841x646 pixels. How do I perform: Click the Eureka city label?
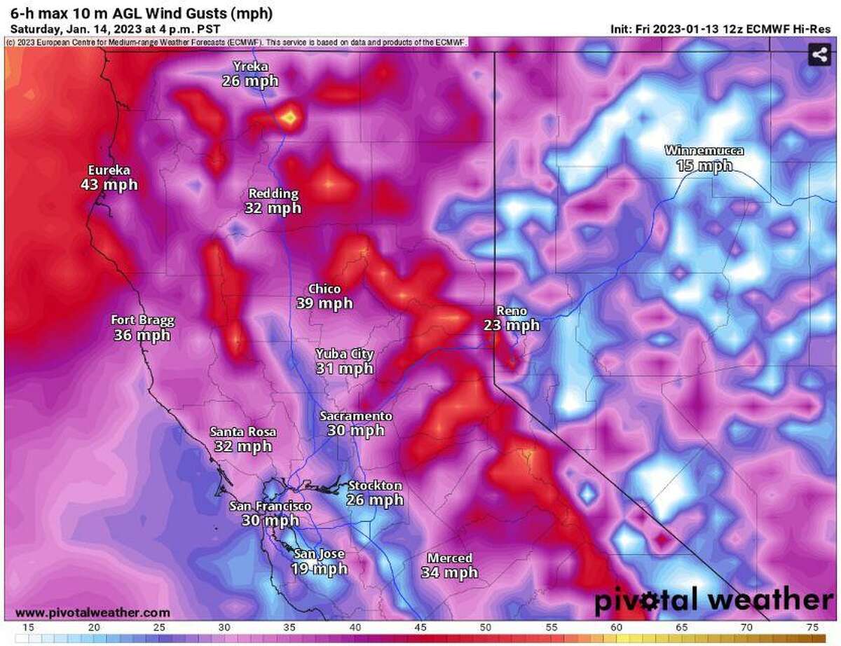click(109, 170)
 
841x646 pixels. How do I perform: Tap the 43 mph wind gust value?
click(109, 185)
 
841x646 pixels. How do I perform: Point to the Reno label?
click(511, 310)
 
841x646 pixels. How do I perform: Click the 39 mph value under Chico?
click(324, 303)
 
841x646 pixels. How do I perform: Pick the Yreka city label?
click(250, 67)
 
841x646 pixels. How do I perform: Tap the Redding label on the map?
click(273, 193)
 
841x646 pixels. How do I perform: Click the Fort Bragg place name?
click(142, 320)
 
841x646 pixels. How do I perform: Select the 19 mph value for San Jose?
click(319, 568)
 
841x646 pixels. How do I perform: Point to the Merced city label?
click(449, 558)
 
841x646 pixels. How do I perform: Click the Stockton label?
click(375, 486)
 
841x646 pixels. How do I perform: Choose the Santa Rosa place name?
click(242, 432)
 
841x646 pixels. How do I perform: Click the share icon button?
click(819, 54)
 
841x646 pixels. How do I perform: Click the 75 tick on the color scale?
click(812, 627)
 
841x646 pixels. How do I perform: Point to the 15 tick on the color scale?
click(29, 627)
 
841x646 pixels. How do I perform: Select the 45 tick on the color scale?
click(420, 627)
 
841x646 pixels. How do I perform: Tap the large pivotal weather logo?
click(713, 600)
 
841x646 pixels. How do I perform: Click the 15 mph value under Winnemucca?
click(704, 166)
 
